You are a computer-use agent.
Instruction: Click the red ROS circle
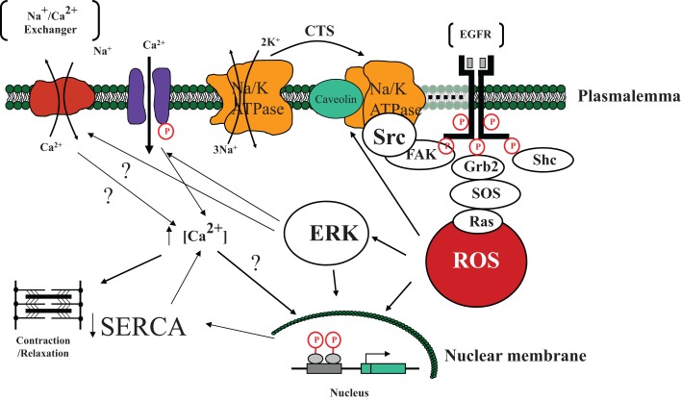476,261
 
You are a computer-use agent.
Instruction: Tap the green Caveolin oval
336,99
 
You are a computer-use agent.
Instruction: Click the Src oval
390,137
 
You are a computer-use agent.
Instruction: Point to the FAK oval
419,154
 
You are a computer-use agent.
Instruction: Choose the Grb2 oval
478,166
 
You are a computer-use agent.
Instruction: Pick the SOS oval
485,193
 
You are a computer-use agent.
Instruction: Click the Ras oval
478,221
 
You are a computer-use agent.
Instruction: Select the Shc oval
543,160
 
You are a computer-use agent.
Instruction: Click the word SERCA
143,327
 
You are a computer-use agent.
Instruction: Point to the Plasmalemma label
628,96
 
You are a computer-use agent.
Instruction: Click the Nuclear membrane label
516,356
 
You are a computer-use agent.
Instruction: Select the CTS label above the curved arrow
319,32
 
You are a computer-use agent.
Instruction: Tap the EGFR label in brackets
475,35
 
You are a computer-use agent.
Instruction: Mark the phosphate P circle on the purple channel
165,132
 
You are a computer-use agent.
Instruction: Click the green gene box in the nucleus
384,368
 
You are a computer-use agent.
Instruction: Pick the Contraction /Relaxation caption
43,346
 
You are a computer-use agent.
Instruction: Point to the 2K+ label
270,42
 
